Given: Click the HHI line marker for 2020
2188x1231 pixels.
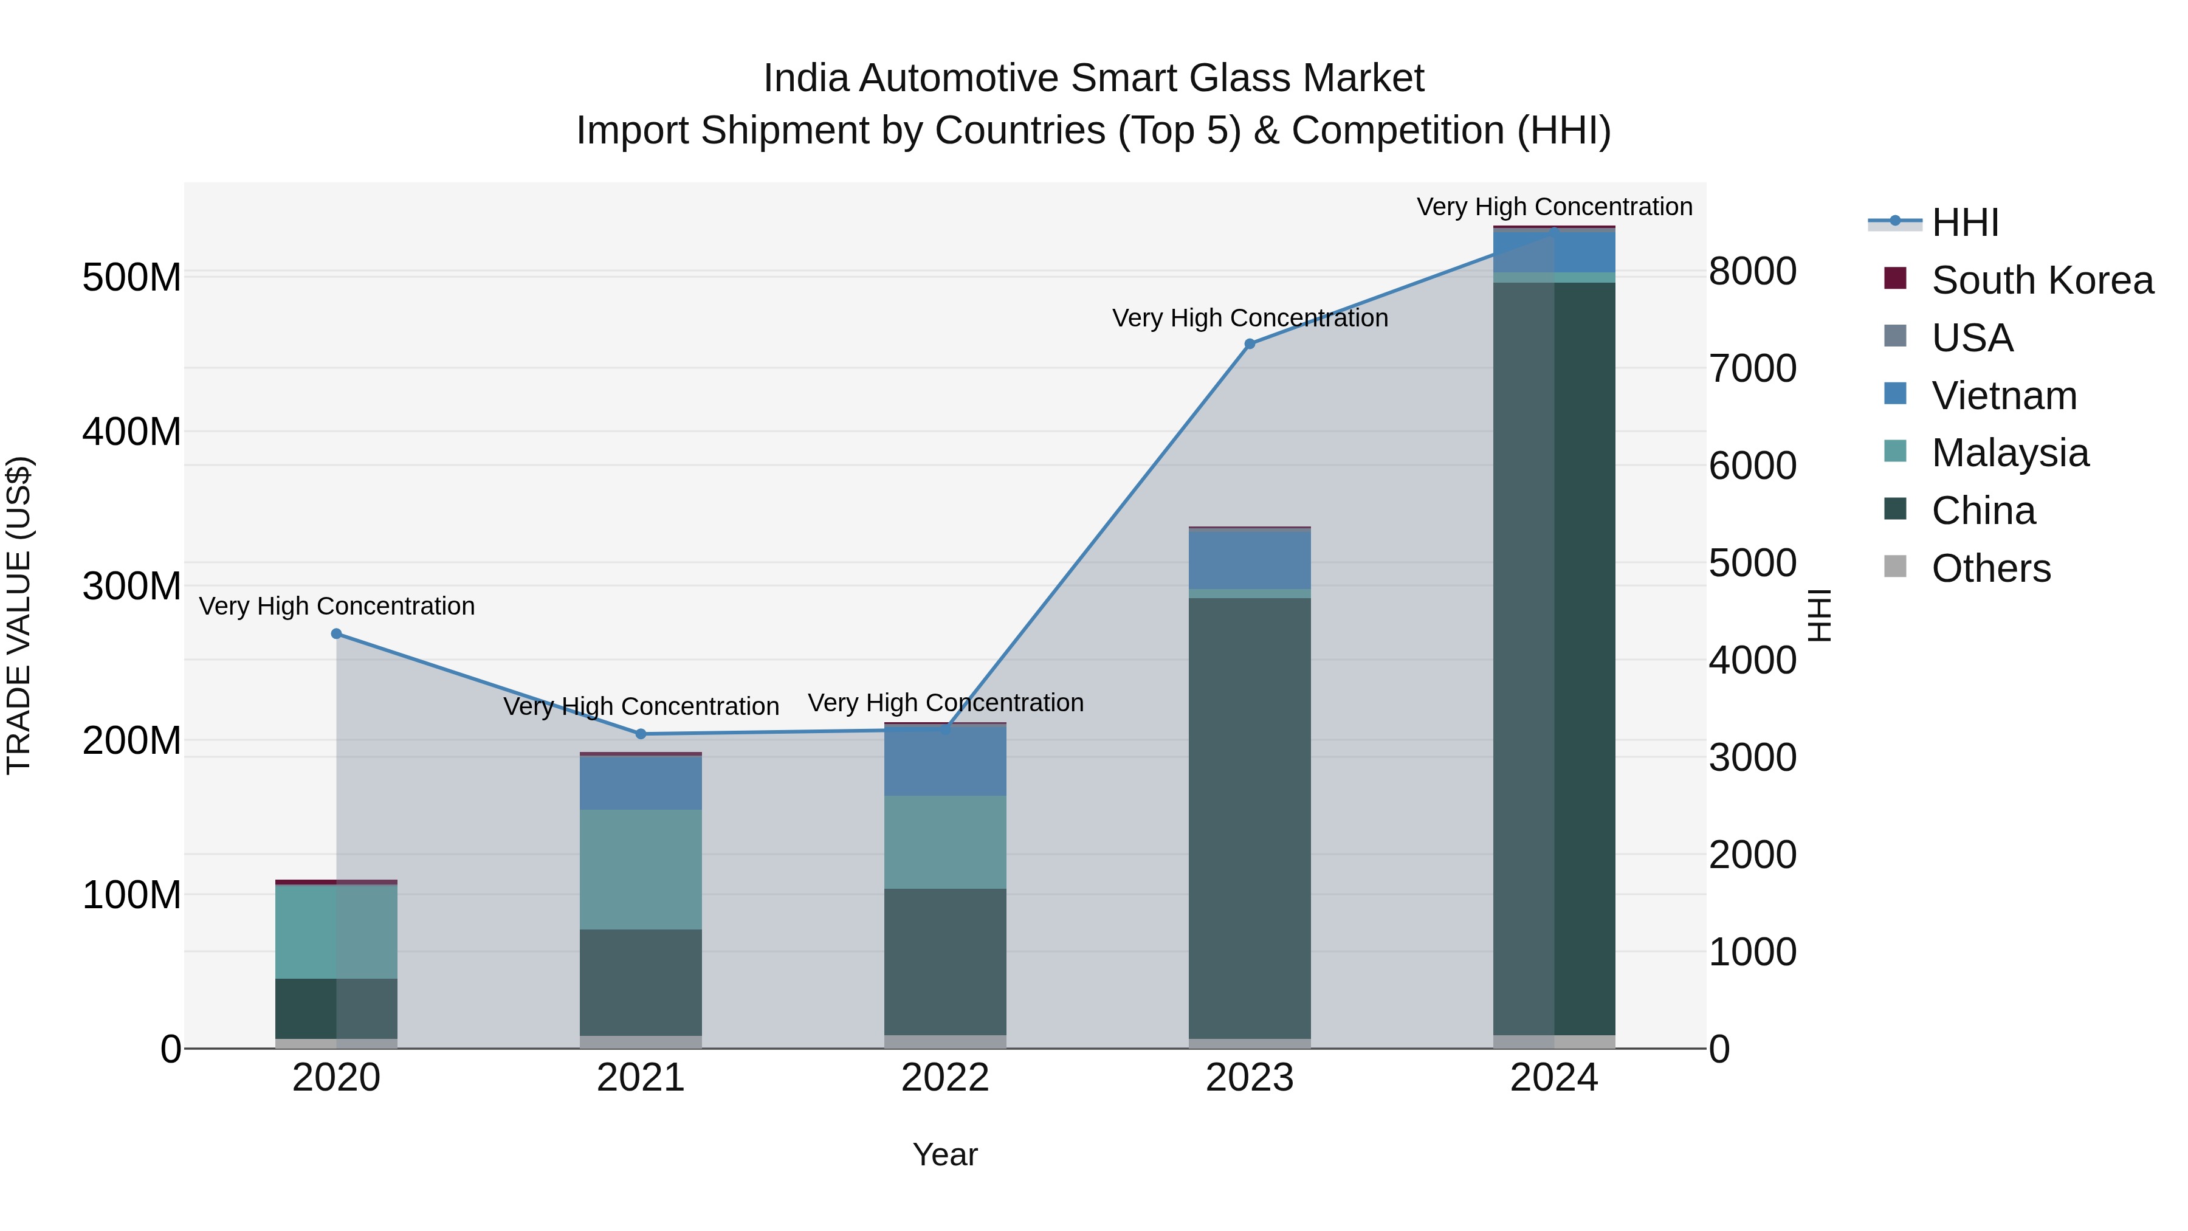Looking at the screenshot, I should coord(336,634).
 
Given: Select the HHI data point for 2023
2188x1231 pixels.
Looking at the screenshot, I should coord(1250,344).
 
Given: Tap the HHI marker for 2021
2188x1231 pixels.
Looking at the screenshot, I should coord(641,734).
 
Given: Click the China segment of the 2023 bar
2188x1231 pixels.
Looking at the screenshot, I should coord(1250,816).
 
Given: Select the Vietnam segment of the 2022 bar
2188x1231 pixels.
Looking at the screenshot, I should coord(945,760).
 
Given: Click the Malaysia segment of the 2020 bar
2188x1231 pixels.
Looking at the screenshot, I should coord(336,932).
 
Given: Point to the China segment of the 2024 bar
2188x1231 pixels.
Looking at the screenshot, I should coord(1554,658).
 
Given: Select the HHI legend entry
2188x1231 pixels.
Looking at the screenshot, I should coord(1964,222).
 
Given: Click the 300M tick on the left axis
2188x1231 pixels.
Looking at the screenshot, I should coord(132,586).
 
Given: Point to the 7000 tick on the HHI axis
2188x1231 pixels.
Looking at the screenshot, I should coord(1752,369).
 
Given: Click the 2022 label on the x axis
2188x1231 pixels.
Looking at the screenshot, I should coord(945,1078).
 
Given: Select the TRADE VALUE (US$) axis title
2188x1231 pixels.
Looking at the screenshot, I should coord(19,615).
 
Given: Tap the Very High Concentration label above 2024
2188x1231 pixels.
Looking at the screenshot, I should coord(1554,207).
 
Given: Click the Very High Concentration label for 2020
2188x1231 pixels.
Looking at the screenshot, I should coord(336,605).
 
